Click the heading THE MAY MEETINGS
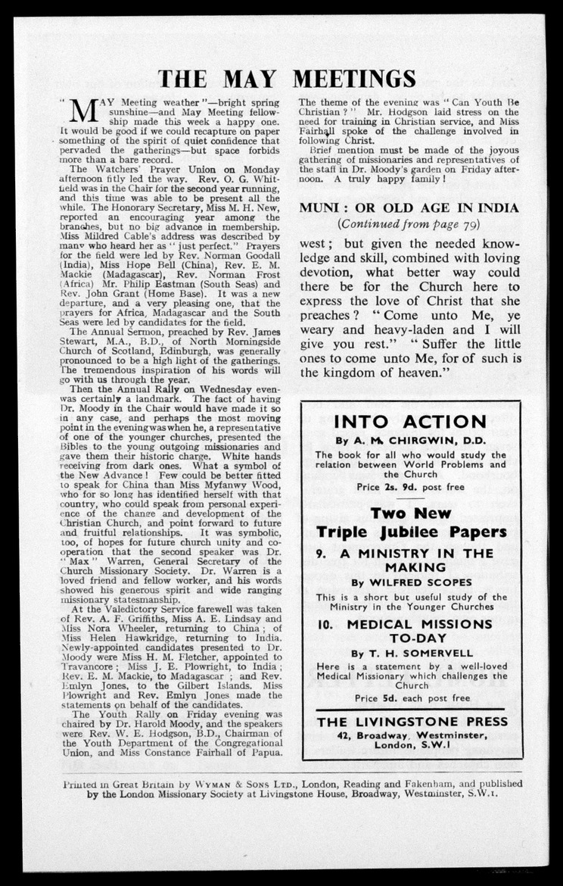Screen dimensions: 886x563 coord(287,78)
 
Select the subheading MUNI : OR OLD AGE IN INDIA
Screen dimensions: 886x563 coord(409,207)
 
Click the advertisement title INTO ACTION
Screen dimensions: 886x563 coord(410,422)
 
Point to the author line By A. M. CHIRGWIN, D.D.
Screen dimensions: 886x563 coord(411,440)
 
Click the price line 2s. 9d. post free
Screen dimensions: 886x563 coord(411,487)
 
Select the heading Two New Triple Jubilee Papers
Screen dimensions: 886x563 coord(411,523)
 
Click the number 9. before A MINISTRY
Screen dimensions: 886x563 coord(322,553)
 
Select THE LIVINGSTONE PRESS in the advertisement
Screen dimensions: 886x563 coord(412,721)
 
